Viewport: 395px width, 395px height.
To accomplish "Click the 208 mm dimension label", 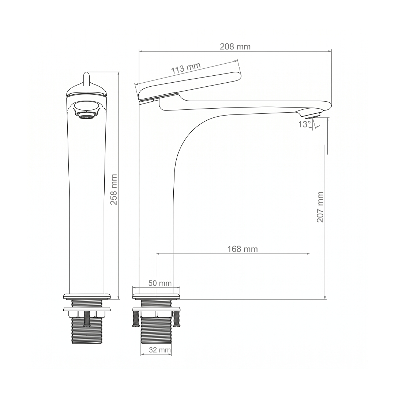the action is (x=235, y=46).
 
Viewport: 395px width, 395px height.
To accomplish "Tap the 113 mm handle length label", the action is (x=186, y=68).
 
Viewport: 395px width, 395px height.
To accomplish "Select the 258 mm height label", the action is (x=114, y=189).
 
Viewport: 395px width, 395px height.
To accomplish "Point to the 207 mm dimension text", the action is (x=320, y=207).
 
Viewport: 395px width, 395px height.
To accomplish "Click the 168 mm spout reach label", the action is (x=242, y=249).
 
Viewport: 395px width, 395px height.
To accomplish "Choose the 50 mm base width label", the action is (x=160, y=283).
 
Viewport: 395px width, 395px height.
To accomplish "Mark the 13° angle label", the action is (x=304, y=124).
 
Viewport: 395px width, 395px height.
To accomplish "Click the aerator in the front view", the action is (x=86, y=116).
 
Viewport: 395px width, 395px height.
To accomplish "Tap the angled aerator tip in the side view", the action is (x=313, y=115).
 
